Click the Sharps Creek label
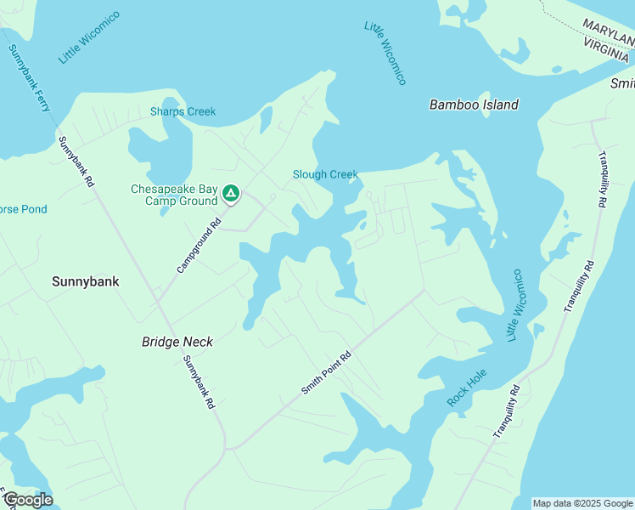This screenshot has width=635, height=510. [x=183, y=111]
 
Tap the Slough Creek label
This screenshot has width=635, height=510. [x=325, y=174]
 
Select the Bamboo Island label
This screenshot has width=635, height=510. [x=474, y=105]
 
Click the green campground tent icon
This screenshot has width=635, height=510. [x=230, y=195]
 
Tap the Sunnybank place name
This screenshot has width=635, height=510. [x=85, y=280]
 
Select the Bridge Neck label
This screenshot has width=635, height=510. [x=177, y=342]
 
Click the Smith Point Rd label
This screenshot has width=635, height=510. [x=326, y=373]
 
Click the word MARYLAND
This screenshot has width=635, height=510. [x=606, y=31]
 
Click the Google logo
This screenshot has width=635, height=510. [x=27, y=500]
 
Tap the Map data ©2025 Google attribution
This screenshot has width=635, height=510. [x=582, y=503]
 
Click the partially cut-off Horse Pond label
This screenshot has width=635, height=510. [x=23, y=209]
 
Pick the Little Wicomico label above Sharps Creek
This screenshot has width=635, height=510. [x=89, y=37]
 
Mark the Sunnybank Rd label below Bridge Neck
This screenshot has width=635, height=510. [x=198, y=382]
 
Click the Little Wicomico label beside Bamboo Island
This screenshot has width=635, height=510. [x=385, y=53]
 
